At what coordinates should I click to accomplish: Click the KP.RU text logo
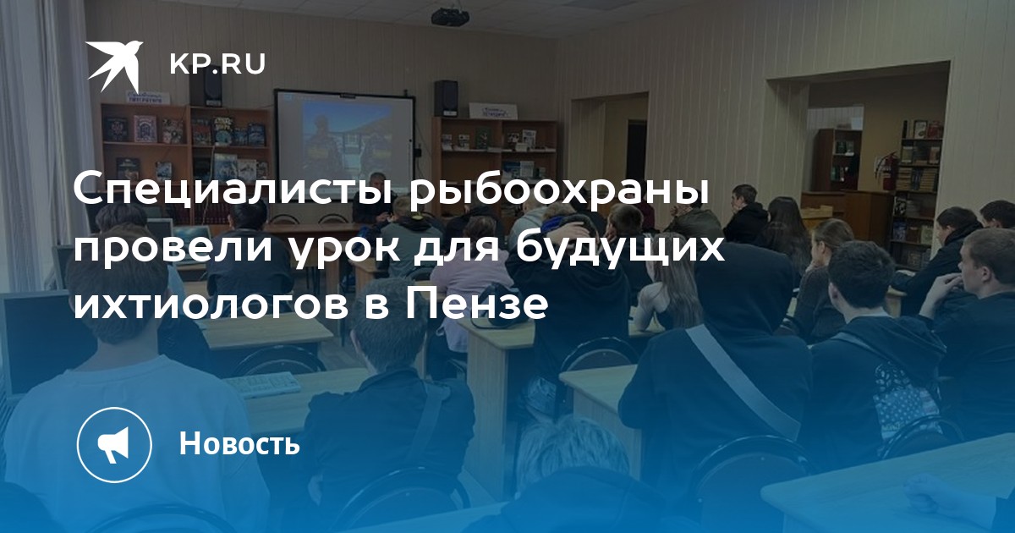pyautogui.click(x=217, y=64)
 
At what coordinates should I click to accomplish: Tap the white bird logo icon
pyautogui.click(x=113, y=66)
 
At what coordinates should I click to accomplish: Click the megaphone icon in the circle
pyautogui.click(x=114, y=444)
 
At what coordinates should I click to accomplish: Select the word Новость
pyautogui.click(x=239, y=443)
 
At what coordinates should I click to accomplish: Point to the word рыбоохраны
pyautogui.click(x=559, y=191)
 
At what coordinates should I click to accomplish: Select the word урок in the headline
pyautogui.click(x=345, y=250)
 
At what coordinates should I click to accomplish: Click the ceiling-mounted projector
pyautogui.click(x=449, y=16)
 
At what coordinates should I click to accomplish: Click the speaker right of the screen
pyautogui.click(x=446, y=98)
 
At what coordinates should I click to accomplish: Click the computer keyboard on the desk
pyautogui.click(x=263, y=386)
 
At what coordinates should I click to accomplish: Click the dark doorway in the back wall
pyautogui.click(x=636, y=150)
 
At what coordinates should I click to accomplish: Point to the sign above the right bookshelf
pyautogui.click(x=492, y=111)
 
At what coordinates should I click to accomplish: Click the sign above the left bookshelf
pyautogui.click(x=146, y=96)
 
